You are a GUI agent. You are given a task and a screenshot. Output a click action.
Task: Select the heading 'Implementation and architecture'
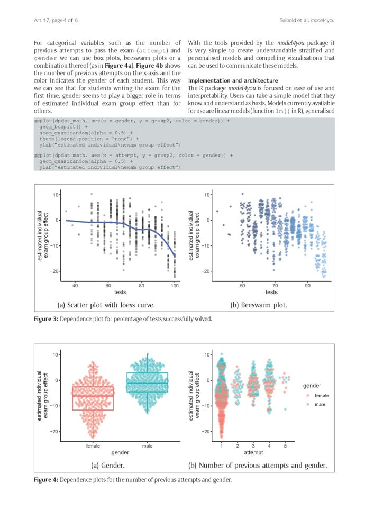tap(233, 80)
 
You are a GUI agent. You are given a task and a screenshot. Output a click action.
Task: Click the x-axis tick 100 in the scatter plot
tap(175, 285)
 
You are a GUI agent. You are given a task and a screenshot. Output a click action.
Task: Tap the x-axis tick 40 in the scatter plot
tap(75, 285)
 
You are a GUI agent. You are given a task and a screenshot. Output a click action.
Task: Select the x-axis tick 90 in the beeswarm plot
tap(308, 285)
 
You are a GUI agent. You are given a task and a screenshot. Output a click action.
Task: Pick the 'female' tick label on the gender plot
tap(93, 446)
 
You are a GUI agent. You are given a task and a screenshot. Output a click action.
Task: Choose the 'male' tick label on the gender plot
tap(148, 446)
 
